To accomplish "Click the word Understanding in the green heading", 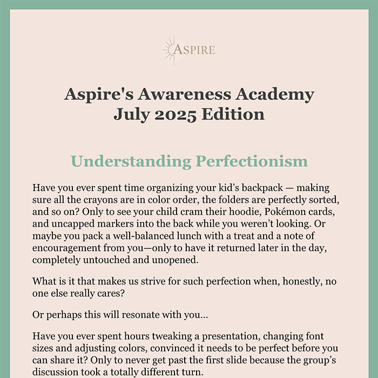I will click(x=130, y=161).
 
